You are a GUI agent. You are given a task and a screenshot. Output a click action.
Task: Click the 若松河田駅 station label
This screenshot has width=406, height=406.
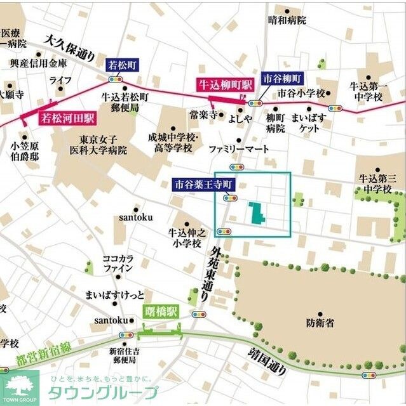pyautogui.click(x=67, y=117)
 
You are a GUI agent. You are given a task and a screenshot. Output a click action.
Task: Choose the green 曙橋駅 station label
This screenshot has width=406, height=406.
pyautogui.click(x=161, y=311)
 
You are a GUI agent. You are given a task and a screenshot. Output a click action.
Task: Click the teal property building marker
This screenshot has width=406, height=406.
pyautogui.click(x=257, y=213)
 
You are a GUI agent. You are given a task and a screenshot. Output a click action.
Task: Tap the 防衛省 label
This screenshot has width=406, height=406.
pyautogui.click(x=320, y=323)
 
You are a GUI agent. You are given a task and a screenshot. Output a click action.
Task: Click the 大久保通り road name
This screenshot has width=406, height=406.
pyautogui.click(x=69, y=47)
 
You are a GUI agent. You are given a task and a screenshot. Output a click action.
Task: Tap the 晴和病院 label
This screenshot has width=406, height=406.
pyautogui.click(x=287, y=20)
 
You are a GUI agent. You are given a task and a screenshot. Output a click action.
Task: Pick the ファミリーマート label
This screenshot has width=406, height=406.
pyautogui.click(x=239, y=149)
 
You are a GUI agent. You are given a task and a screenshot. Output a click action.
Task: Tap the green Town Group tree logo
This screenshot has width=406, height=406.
pyautogui.click(x=19, y=387)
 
